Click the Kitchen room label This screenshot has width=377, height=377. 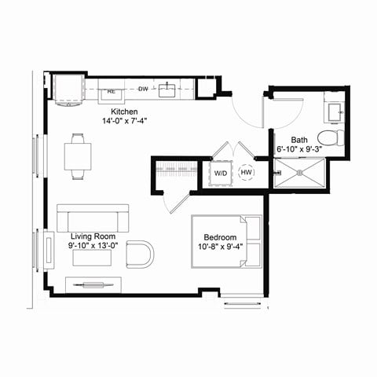(126, 112)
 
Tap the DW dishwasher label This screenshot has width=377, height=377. (144, 89)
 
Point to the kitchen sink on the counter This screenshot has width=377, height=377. (168, 90)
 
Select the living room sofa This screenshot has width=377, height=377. (92, 218)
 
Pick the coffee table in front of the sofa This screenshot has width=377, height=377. (92, 258)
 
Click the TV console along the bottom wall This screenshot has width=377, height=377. (93, 284)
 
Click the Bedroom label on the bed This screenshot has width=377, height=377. (220, 236)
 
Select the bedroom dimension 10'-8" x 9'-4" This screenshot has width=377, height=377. (220, 247)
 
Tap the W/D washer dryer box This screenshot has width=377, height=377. (221, 173)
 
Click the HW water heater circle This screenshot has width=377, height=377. (247, 173)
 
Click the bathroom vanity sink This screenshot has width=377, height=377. (335, 110)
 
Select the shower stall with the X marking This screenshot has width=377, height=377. (299, 173)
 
